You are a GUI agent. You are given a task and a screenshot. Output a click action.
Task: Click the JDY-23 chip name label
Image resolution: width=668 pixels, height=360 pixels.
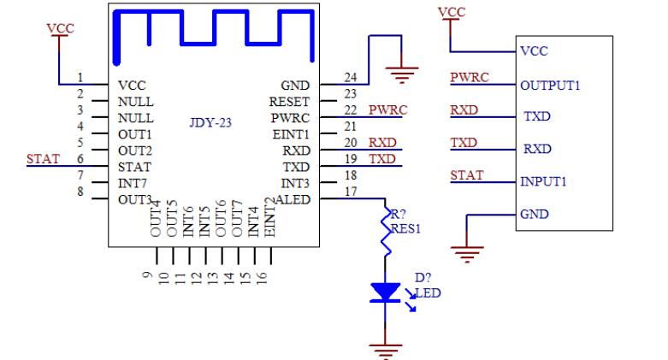coord(210,122)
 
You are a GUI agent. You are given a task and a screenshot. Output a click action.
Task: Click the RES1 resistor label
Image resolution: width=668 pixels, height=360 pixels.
coord(407,228)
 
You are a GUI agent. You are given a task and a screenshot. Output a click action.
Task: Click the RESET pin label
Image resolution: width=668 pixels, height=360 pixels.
coord(290,102)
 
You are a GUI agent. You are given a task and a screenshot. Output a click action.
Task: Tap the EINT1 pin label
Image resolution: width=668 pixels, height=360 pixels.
coord(292,134)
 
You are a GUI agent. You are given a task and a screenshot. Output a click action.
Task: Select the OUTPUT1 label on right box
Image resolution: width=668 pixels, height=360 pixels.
coord(550,86)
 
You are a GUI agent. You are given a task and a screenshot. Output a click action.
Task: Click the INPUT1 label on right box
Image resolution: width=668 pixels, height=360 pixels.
coord(544,181)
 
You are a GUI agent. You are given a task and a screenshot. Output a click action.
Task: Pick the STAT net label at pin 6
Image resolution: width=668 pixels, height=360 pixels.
coord(43,158)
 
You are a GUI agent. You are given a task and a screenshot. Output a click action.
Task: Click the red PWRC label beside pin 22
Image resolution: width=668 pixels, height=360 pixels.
coord(387,110)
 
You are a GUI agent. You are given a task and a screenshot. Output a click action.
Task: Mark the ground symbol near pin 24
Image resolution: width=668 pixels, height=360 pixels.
coord(401,74)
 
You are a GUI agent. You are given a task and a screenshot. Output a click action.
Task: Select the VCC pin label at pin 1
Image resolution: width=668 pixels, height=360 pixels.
coord(133,86)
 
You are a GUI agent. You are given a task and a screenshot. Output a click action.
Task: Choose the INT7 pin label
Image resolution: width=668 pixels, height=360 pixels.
coord(133,182)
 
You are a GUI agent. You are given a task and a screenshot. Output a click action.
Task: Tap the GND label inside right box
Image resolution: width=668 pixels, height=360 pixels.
coord(534,214)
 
